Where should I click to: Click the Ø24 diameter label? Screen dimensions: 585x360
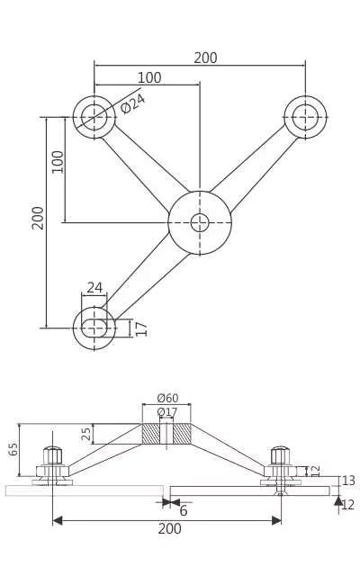[132, 103]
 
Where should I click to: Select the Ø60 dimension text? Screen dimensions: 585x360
[167, 399]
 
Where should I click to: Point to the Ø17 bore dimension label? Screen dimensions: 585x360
[167, 412]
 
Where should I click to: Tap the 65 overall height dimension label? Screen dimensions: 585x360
[13, 448]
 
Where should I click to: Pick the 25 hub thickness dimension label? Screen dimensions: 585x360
[86, 434]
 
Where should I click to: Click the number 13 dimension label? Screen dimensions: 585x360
[348, 481]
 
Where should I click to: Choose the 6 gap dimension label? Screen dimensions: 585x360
[184, 511]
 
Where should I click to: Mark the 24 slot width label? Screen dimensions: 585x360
[94, 288]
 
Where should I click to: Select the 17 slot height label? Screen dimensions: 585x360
[141, 328]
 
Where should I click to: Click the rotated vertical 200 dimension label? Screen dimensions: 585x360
[39, 218]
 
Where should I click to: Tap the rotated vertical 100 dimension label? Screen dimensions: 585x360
[58, 162]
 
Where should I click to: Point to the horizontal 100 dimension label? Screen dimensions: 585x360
[149, 78]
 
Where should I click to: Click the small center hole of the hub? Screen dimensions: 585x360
[200, 222]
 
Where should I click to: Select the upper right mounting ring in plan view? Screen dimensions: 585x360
[305, 117]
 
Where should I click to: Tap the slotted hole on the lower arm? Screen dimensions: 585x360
[94, 328]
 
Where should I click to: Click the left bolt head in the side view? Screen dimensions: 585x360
[52, 455]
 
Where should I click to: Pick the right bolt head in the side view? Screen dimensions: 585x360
[280, 455]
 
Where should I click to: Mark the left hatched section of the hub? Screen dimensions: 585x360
[150, 434]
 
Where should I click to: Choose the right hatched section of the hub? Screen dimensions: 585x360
[182, 434]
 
